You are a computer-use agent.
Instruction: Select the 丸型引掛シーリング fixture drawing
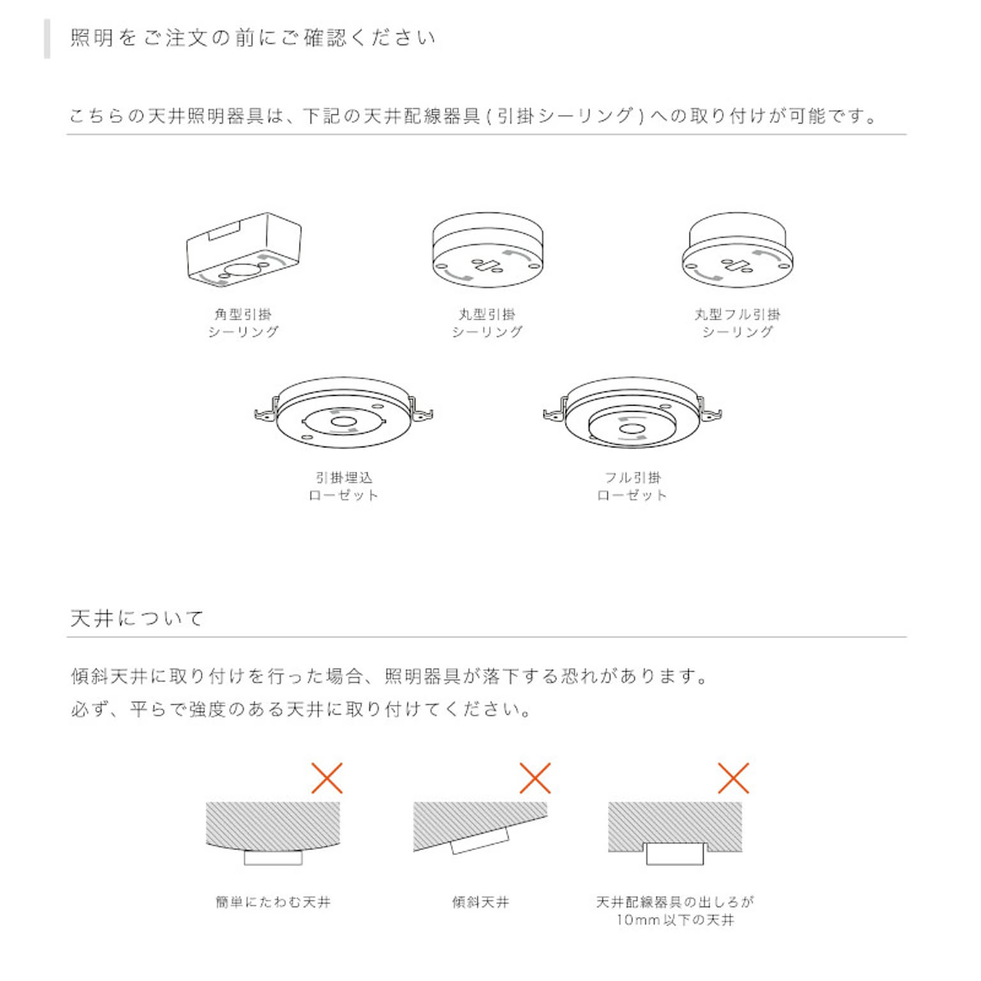[x=487, y=250]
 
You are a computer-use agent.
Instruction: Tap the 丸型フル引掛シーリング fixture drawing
[x=738, y=250]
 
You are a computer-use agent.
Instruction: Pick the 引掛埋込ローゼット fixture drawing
[x=344, y=413]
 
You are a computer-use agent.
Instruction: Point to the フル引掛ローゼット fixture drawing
[x=632, y=413]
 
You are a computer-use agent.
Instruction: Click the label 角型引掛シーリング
[x=243, y=323]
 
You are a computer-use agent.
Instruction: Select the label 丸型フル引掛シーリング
[x=738, y=323]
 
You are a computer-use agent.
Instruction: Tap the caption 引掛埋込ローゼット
[x=344, y=486]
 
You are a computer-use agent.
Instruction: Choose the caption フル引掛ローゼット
[x=632, y=486]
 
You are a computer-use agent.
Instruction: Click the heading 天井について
[x=137, y=618]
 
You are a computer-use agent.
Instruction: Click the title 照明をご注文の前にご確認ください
[x=253, y=37]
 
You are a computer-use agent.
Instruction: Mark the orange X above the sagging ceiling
[x=327, y=778]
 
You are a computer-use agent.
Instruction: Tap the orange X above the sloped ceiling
[x=535, y=778]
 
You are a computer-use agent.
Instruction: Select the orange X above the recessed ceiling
[x=733, y=778]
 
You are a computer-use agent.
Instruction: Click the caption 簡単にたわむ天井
[x=273, y=902]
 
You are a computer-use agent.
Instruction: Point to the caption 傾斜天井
[x=481, y=902]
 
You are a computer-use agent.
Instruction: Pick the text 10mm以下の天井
[x=675, y=920]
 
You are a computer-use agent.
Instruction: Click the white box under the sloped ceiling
[x=480, y=840]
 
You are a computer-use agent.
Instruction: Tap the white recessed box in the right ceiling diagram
[x=675, y=854]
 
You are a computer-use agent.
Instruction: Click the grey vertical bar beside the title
[x=47, y=39]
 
